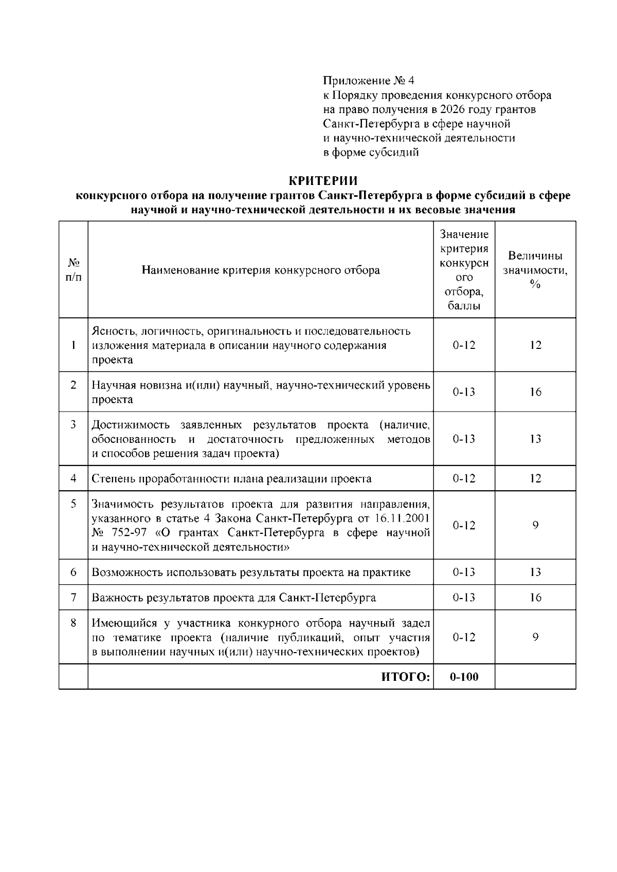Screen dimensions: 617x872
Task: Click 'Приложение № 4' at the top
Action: pyautogui.click(x=368, y=81)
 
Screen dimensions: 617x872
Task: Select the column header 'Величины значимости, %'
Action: pyautogui.click(x=535, y=270)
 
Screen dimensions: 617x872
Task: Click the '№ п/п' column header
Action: pyautogui.click(x=73, y=270)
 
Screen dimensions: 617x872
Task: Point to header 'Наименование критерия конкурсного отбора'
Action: pyautogui.click(x=261, y=270)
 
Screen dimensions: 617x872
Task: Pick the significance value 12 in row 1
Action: pyautogui.click(x=535, y=345)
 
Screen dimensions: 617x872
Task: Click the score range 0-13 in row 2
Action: pyautogui.click(x=464, y=392)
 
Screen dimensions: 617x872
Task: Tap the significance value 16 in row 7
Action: pyautogui.click(x=535, y=598)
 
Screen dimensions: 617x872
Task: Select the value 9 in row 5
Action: pyautogui.click(x=535, y=525)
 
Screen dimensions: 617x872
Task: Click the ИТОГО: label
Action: pyautogui.click(x=405, y=677)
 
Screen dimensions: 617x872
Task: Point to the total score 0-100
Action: pyautogui.click(x=464, y=677)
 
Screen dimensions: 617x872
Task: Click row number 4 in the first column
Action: pyautogui.click(x=74, y=478)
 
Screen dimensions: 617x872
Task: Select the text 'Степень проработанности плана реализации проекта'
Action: pyautogui.click(x=231, y=479)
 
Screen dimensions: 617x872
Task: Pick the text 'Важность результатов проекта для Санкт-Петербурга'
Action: pyautogui.click(x=233, y=598)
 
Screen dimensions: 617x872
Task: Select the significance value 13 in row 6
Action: pyautogui.click(x=535, y=572)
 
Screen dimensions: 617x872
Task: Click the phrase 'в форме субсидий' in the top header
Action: pyautogui.click(x=371, y=153)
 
